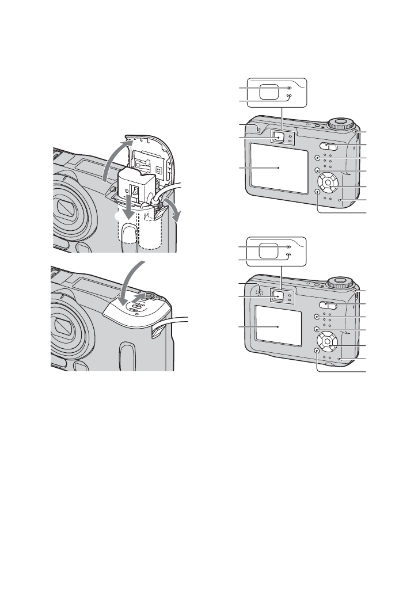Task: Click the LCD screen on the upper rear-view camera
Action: tap(279, 167)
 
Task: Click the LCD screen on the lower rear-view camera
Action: tap(279, 326)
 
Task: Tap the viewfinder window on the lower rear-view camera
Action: tap(278, 295)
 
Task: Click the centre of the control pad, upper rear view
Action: tap(328, 184)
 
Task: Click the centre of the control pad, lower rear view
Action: tap(328, 342)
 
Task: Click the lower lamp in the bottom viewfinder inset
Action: tap(289, 254)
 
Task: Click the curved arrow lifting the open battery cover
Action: tap(111, 161)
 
